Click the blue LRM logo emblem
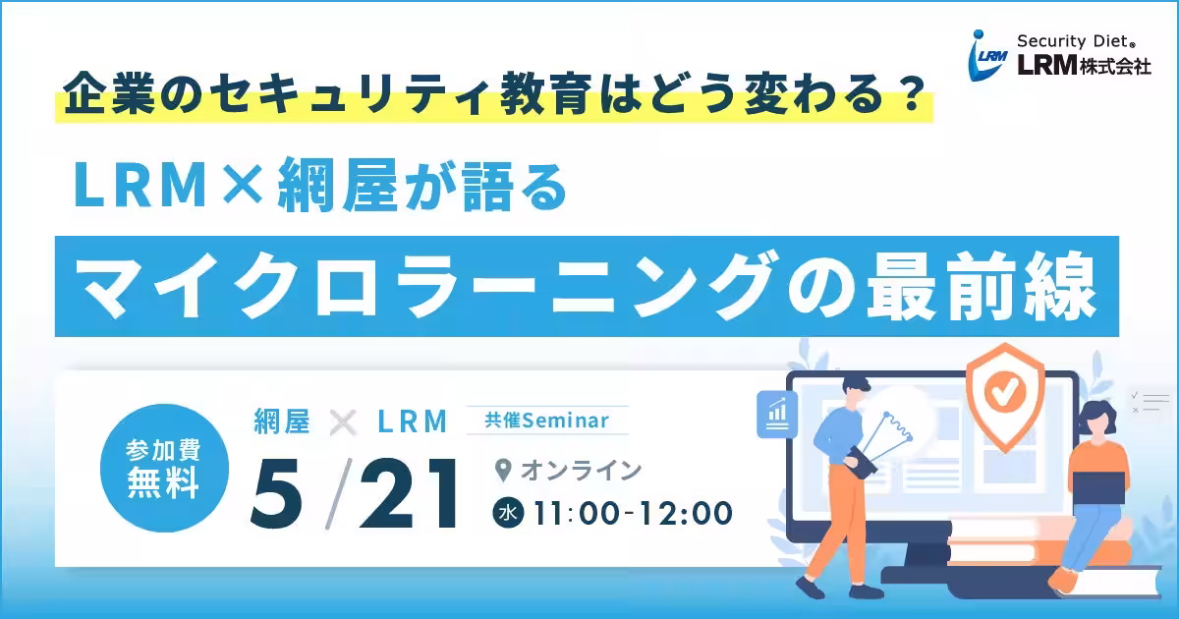coord(988,56)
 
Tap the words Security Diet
coord(1076,41)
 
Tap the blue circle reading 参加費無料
coord(164,468)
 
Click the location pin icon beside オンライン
coord(503,470)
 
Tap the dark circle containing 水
coord(508,513)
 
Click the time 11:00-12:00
coord(633,513)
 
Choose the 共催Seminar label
coord(547,421)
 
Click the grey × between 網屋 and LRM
coord(343,422)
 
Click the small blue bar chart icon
coord(777,415)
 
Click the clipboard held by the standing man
coord(863,463)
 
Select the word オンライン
coord(581,471)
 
